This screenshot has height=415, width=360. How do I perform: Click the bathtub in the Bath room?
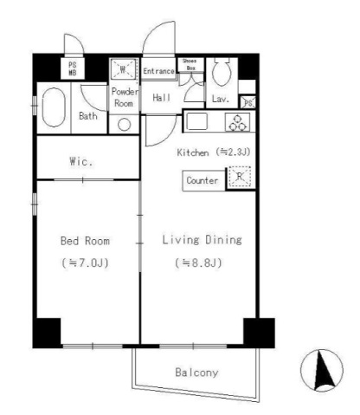(54, 107)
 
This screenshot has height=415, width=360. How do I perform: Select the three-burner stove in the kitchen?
(237, 122)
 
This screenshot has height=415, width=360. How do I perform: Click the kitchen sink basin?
(197, 121)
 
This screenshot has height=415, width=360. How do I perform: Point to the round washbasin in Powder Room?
(124, 125)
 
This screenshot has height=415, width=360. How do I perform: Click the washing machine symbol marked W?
(123, 69)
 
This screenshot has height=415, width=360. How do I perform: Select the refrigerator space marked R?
(240, 177)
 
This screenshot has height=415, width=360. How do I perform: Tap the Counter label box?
(203, 180)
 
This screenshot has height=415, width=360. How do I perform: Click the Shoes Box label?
(190, 64)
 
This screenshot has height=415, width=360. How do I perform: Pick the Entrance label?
(158, 71)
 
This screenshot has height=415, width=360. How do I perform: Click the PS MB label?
(73, 69)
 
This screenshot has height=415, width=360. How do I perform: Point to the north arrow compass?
(322, 370)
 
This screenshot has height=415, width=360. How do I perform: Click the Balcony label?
(196, 373)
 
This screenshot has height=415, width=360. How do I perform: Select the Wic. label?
(81, 161)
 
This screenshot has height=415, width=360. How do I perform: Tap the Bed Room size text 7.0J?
(85, 263)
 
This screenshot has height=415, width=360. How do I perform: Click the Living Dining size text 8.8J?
(198, 263)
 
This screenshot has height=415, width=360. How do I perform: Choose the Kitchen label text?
(193, 152)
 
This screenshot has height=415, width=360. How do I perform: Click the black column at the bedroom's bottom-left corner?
(47, 333)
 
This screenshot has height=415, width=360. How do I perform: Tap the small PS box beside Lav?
(248, 102)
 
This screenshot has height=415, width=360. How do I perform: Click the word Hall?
(162, 98)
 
